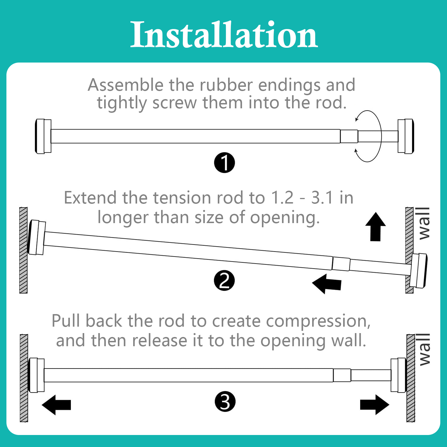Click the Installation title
pos(224,35)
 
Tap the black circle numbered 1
pos(224,163)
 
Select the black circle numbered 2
pos(224,281)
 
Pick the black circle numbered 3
pos(225,402)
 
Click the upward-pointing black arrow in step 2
pos(376,226)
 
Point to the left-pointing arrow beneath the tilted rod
pos(327,284)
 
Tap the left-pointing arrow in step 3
pos(56,405)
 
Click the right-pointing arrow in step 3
pos(375,405)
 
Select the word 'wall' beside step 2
pos(424,223)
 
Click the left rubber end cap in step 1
pos(43,136)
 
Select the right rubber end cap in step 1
pos(406,136)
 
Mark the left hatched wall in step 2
pos(23,250)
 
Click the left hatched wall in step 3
pos(24,378)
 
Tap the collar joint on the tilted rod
pos(341,264)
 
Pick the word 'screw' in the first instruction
pos(175,103)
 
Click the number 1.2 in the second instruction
pos(282,198)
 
